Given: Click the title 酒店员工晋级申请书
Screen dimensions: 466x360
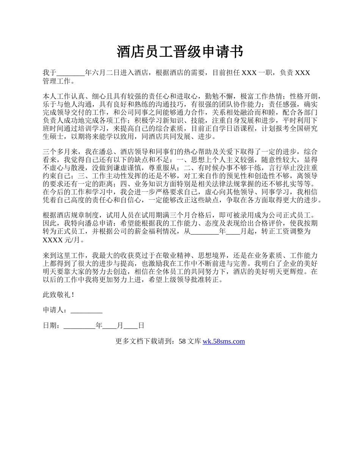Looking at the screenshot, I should coord(180,52).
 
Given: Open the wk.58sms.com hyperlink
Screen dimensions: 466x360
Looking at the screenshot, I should coord(224,341).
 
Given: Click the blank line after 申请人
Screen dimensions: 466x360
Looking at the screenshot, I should coord(86,310).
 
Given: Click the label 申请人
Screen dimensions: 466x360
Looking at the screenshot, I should coord(54,310).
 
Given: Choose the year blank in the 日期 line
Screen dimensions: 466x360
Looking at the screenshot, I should coord(80,325).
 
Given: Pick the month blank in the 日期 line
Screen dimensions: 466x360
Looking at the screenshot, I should coord(110,325).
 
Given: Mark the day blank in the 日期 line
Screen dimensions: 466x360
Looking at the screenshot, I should coord(131,325).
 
